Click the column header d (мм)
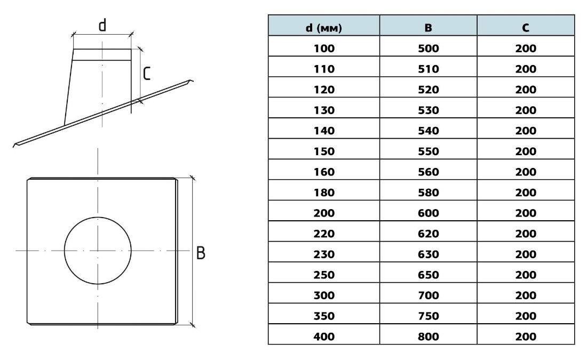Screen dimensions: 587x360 [x=324, y=28]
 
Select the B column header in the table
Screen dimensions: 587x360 [x=429, y=28]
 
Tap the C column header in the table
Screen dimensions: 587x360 [x=526, y=28]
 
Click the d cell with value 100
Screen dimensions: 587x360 [x=324, y=49]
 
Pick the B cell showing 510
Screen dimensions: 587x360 [x=429, y=69]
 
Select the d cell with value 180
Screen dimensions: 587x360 [x=324, y=193]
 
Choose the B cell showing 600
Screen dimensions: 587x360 [x=429, y=213]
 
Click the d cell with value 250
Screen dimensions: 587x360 [x=324, y=275]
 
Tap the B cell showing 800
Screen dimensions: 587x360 [x=429, y=337]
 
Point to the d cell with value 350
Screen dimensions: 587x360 [x=324, y=316]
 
